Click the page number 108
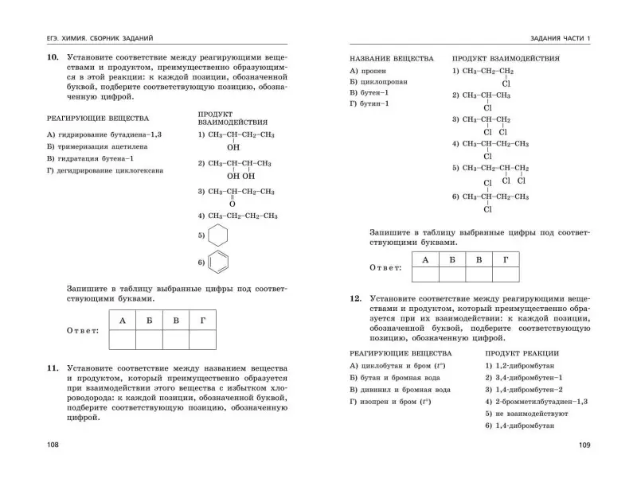53,445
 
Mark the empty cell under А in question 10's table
121,340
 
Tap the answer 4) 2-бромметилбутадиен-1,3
536,402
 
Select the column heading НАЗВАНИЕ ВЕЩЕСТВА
392,59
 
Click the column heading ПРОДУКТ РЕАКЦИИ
522,352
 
